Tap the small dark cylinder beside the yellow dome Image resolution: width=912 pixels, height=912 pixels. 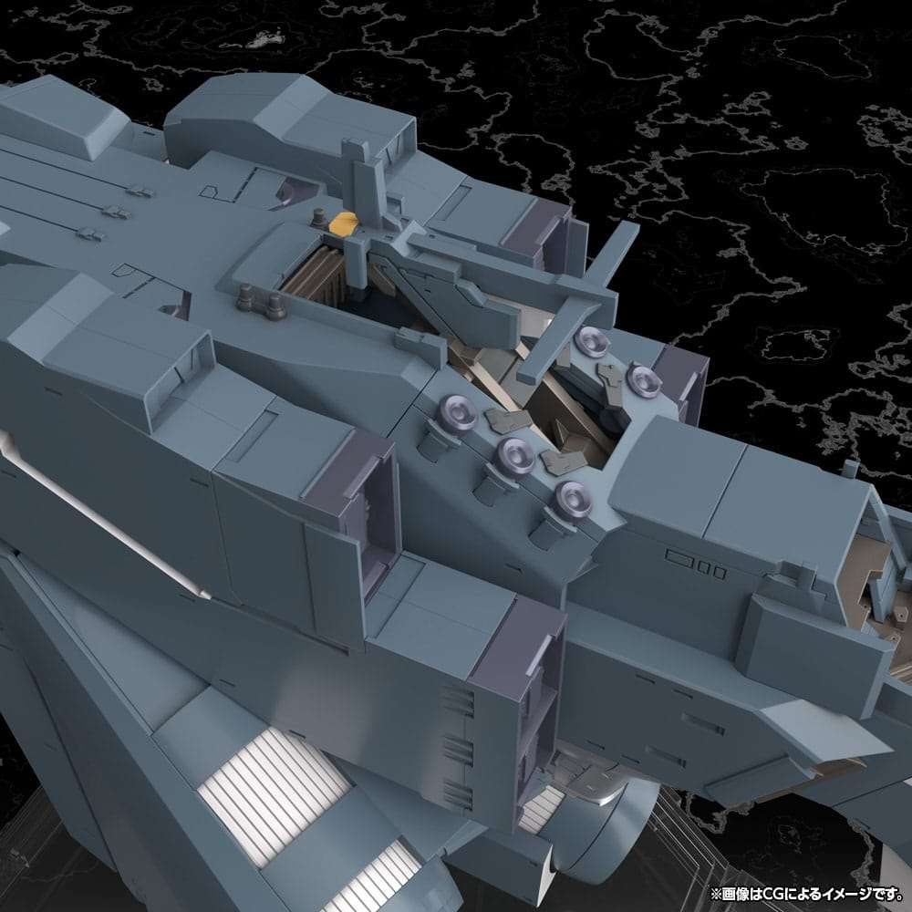[x=319, y=217]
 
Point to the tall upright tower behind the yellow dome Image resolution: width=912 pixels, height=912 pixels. [x=353, y=169]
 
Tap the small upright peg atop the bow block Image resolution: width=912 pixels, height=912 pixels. [x=850, y=469]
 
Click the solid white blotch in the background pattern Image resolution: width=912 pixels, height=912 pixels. [x=264, y=38]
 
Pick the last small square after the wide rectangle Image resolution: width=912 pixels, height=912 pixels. [x=720, y=573]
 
